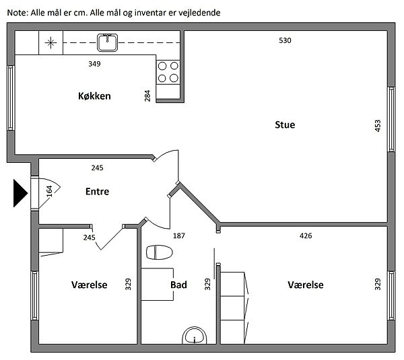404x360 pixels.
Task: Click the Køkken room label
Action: pos(94,96)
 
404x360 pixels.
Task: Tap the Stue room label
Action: pos(285,124)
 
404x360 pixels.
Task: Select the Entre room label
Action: pos(97,191)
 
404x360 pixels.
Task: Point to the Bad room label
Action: pos(178,285)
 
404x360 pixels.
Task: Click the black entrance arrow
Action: pos(20,193)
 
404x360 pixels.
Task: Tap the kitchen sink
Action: pos(107,42)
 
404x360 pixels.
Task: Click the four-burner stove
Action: pos(168,72)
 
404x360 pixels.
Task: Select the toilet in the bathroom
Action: pos(159,252)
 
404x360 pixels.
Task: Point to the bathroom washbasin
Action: pos(195,336)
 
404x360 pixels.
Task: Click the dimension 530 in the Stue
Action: pos(285,40)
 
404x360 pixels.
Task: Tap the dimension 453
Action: pos(378,126)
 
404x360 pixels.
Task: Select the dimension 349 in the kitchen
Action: pos(94,64)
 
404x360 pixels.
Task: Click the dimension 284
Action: pos(147,96)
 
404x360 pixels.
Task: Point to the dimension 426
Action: pos(306,236)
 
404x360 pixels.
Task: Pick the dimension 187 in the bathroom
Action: pos(179,236)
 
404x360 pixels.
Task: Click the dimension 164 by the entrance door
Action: pos(49,191)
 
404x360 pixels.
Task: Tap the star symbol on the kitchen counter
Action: pos(50,43)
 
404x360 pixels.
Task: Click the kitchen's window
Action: pos(11,98)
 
